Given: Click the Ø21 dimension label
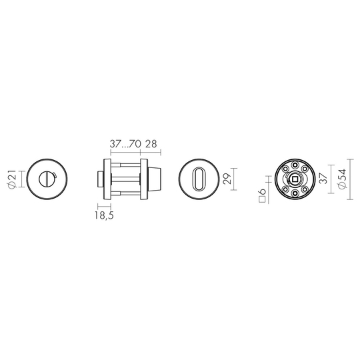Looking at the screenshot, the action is tap(13, 179).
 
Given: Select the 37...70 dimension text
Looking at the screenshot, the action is tap(125, 144).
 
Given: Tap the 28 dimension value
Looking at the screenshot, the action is tap(151, 144).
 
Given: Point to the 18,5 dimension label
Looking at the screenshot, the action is tap(104, 215).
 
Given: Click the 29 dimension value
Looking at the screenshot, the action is tap(227, 179).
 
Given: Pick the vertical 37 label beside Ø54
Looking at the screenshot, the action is tap(323, 179).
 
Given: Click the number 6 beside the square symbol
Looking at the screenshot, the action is tap(262, 191).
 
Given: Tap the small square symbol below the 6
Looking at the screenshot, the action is tap(262, 199).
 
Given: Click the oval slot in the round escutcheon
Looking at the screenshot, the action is tap(199, 179).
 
